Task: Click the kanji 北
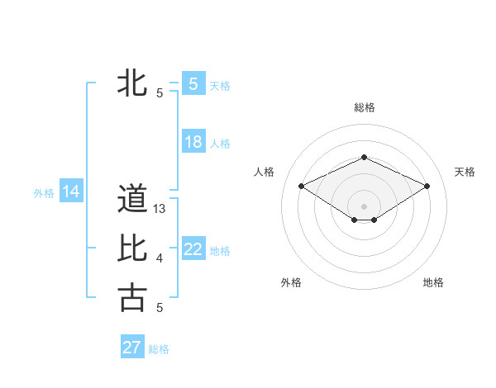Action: pos(132,83)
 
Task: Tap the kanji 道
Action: pos(132,199)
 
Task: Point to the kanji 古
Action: pos(132,298)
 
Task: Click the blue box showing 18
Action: pos(193,142)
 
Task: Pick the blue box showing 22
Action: pos(193,249)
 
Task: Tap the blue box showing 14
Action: pos(71,192)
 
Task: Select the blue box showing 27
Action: pos(132,348)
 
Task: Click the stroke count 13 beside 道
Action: pos(160,210)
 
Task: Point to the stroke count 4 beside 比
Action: pos(160,259)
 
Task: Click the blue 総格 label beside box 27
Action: pos(159,349)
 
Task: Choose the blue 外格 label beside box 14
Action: pos(44,193)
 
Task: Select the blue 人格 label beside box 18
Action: pos(220,144)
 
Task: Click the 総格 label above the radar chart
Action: pos(365,107)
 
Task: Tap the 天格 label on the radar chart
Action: pos(465,172)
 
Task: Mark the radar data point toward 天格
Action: pos(427,186)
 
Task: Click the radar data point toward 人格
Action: pos(301,186)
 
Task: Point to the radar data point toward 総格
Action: pos(364,157)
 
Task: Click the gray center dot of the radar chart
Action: pos(364,205)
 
